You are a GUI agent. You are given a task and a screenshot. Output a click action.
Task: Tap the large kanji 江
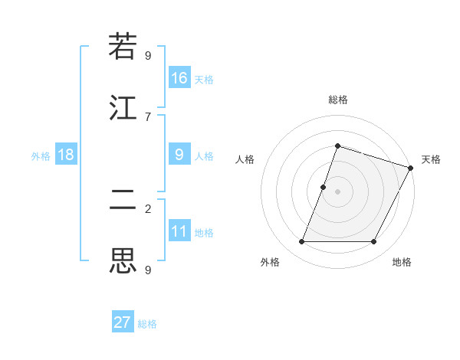coord(123,108)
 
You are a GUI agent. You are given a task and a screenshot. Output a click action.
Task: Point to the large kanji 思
coord(123,261)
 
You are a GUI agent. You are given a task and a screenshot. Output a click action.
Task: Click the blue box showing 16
coord(179,78)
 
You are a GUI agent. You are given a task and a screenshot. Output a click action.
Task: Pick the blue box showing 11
coord(179,231)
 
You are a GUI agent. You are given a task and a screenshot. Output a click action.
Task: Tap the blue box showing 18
coord(66,155)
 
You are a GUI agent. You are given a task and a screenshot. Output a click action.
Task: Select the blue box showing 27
coord(123,322)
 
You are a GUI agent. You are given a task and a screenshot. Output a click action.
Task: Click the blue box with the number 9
coord(179,155)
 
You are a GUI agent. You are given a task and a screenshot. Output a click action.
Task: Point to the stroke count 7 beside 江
coord(148,116)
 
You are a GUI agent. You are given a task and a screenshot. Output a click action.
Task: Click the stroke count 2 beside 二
coord(148,208)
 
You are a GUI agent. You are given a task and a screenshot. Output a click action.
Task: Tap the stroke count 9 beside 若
coord(148,55)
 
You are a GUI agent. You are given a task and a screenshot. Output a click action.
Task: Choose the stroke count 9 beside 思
coord(148,270)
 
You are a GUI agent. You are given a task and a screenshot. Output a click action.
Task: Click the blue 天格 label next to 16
coord(204,80)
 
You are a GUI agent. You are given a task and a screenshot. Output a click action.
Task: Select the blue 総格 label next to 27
coord(147,324)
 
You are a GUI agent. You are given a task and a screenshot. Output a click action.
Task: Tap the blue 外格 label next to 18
coord(41,156)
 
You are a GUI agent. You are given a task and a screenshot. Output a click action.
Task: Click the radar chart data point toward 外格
coord(302,242)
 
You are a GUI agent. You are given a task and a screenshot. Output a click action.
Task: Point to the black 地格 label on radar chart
coord(402,262)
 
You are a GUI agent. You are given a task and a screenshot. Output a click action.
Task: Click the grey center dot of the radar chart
coord(337,191)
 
